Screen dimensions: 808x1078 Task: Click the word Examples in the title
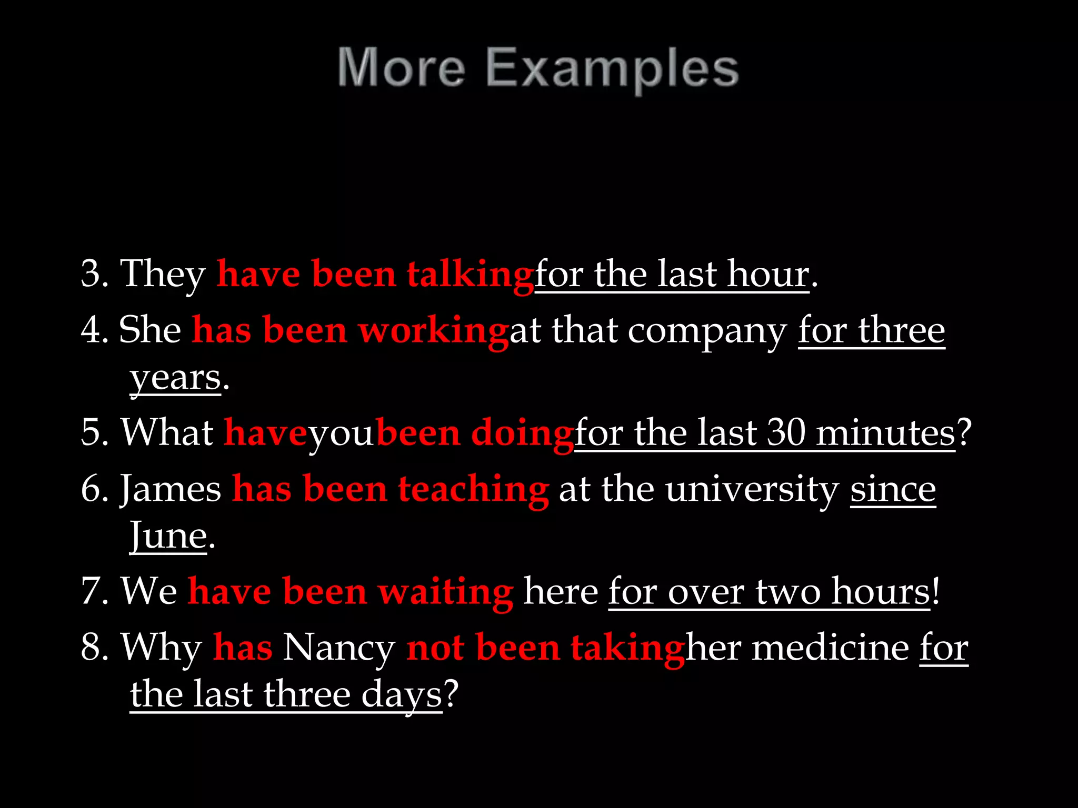[612, 68]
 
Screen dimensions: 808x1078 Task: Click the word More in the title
[401, 68]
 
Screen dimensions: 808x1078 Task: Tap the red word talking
[470, 275]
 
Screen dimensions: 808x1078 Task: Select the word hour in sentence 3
[768, 274]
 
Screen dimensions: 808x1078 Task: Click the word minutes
[885, 433]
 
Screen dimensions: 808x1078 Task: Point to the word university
[752, 489]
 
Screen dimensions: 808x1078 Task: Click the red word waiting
[445, 592]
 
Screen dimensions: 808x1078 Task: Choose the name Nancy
[338, 647]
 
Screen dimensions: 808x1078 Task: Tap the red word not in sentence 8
[435, 647]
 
